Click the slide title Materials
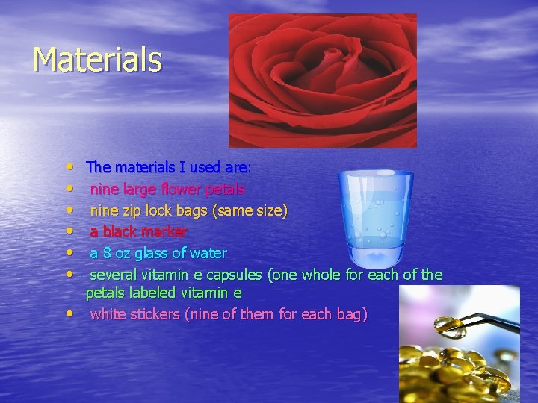pos(97,60)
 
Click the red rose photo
pos(323,80)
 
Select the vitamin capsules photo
pos(458,344)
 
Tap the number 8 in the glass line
pos(107,254)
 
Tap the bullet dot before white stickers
pos(69,314)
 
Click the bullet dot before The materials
pos(69,167)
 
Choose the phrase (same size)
pos(250,210)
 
